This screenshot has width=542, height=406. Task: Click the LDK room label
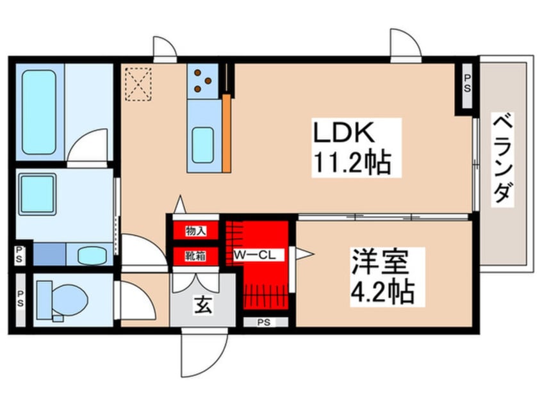click(343, 132)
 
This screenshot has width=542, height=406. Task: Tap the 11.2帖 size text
click(352, 162)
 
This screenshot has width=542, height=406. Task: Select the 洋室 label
click(380, 262)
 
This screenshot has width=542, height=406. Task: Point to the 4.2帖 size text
click(382, 292)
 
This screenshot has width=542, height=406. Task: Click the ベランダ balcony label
click(502, 159)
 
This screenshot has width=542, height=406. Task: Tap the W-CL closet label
click(255, 256)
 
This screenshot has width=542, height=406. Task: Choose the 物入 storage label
click(195, 231)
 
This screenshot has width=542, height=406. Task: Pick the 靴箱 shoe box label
click(195, 256)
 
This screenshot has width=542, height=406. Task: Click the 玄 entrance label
click(203, 305)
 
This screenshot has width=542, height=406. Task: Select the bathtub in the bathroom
click(38, 112)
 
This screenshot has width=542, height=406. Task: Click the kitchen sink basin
click(203, 145)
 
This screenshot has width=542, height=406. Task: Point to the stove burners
click(202, 81)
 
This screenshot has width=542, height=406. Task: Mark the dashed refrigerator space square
click(138, 84)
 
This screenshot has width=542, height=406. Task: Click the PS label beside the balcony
click(467, 84)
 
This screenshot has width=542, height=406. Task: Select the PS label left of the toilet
click(21, 299)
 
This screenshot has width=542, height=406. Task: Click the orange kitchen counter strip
click(226, 133)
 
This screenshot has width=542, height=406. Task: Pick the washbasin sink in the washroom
click(91, 256)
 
